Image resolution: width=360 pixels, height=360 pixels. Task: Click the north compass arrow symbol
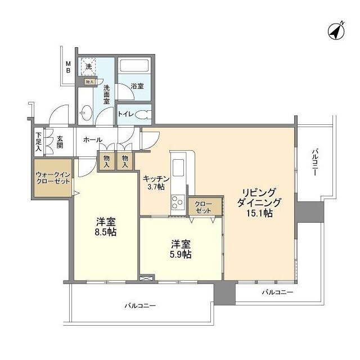(336, 31)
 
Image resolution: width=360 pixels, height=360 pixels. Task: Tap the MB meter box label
(67, 67)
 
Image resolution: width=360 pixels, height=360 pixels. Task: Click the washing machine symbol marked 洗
(88, 67)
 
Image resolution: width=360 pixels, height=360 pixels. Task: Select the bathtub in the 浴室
(134, 66)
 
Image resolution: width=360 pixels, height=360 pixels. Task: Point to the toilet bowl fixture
(143, 114)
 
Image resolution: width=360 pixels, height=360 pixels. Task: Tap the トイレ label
(125, 114)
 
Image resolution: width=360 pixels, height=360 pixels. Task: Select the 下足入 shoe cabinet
(38, 142)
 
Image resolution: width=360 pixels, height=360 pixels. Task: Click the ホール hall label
(93, 139)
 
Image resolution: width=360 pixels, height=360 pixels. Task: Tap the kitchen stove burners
(176, 201)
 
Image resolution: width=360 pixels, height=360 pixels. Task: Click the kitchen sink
(178, 168)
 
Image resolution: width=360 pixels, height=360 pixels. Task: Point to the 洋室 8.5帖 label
(105, 226)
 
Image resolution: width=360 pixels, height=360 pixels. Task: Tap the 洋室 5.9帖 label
(181, 249)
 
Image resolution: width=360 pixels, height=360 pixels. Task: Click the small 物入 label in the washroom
(89, 82)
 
